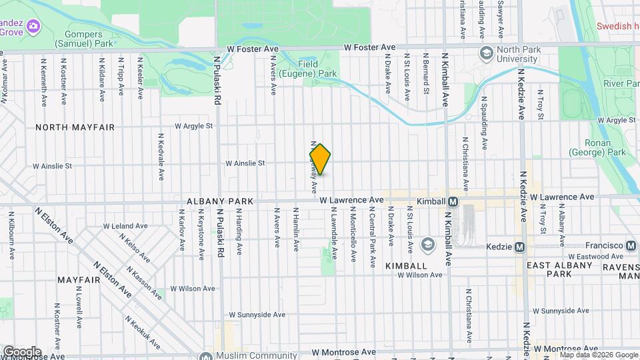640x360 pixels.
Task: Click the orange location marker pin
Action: pyautogui.click(x=321, y=159)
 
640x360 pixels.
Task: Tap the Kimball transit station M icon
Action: pyautogui.click(x=453, y=201)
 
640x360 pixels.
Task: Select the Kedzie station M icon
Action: pyautogui.click(x=520, y=247)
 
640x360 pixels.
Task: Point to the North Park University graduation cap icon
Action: pyautogui.click(x=486, y=52)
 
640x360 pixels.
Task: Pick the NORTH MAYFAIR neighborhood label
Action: pyautogui.click(x=75, y=127)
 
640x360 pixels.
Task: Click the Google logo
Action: pyautogui.click(x=22, y=351)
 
